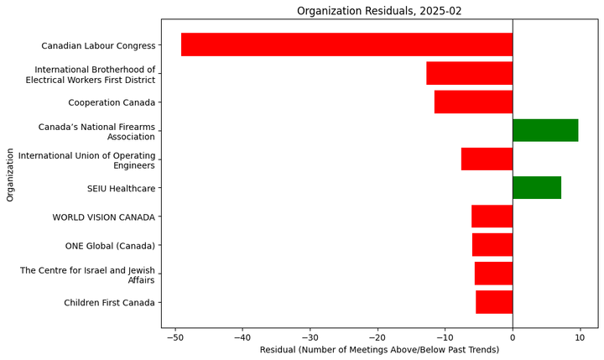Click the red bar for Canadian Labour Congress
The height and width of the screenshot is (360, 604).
346,44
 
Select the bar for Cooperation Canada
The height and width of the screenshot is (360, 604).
473,102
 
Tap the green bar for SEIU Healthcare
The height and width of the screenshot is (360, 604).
537,188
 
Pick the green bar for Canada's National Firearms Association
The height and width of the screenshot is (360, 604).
545,131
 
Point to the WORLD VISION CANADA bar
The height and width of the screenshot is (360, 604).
492,217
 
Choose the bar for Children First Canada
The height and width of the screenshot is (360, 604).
494,302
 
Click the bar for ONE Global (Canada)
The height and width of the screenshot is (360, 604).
492,245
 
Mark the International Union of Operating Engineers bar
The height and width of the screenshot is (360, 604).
487,159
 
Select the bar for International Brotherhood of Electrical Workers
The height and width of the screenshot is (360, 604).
469,74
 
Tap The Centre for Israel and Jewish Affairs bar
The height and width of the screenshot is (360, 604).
493,274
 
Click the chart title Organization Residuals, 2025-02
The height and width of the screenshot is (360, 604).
391,11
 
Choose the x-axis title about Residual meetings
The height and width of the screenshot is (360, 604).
391,349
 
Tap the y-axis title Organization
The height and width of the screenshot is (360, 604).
10,175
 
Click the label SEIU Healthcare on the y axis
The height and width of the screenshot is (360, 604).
121,189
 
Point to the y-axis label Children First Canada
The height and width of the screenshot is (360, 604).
109,303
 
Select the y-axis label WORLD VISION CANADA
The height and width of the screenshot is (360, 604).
103,217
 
